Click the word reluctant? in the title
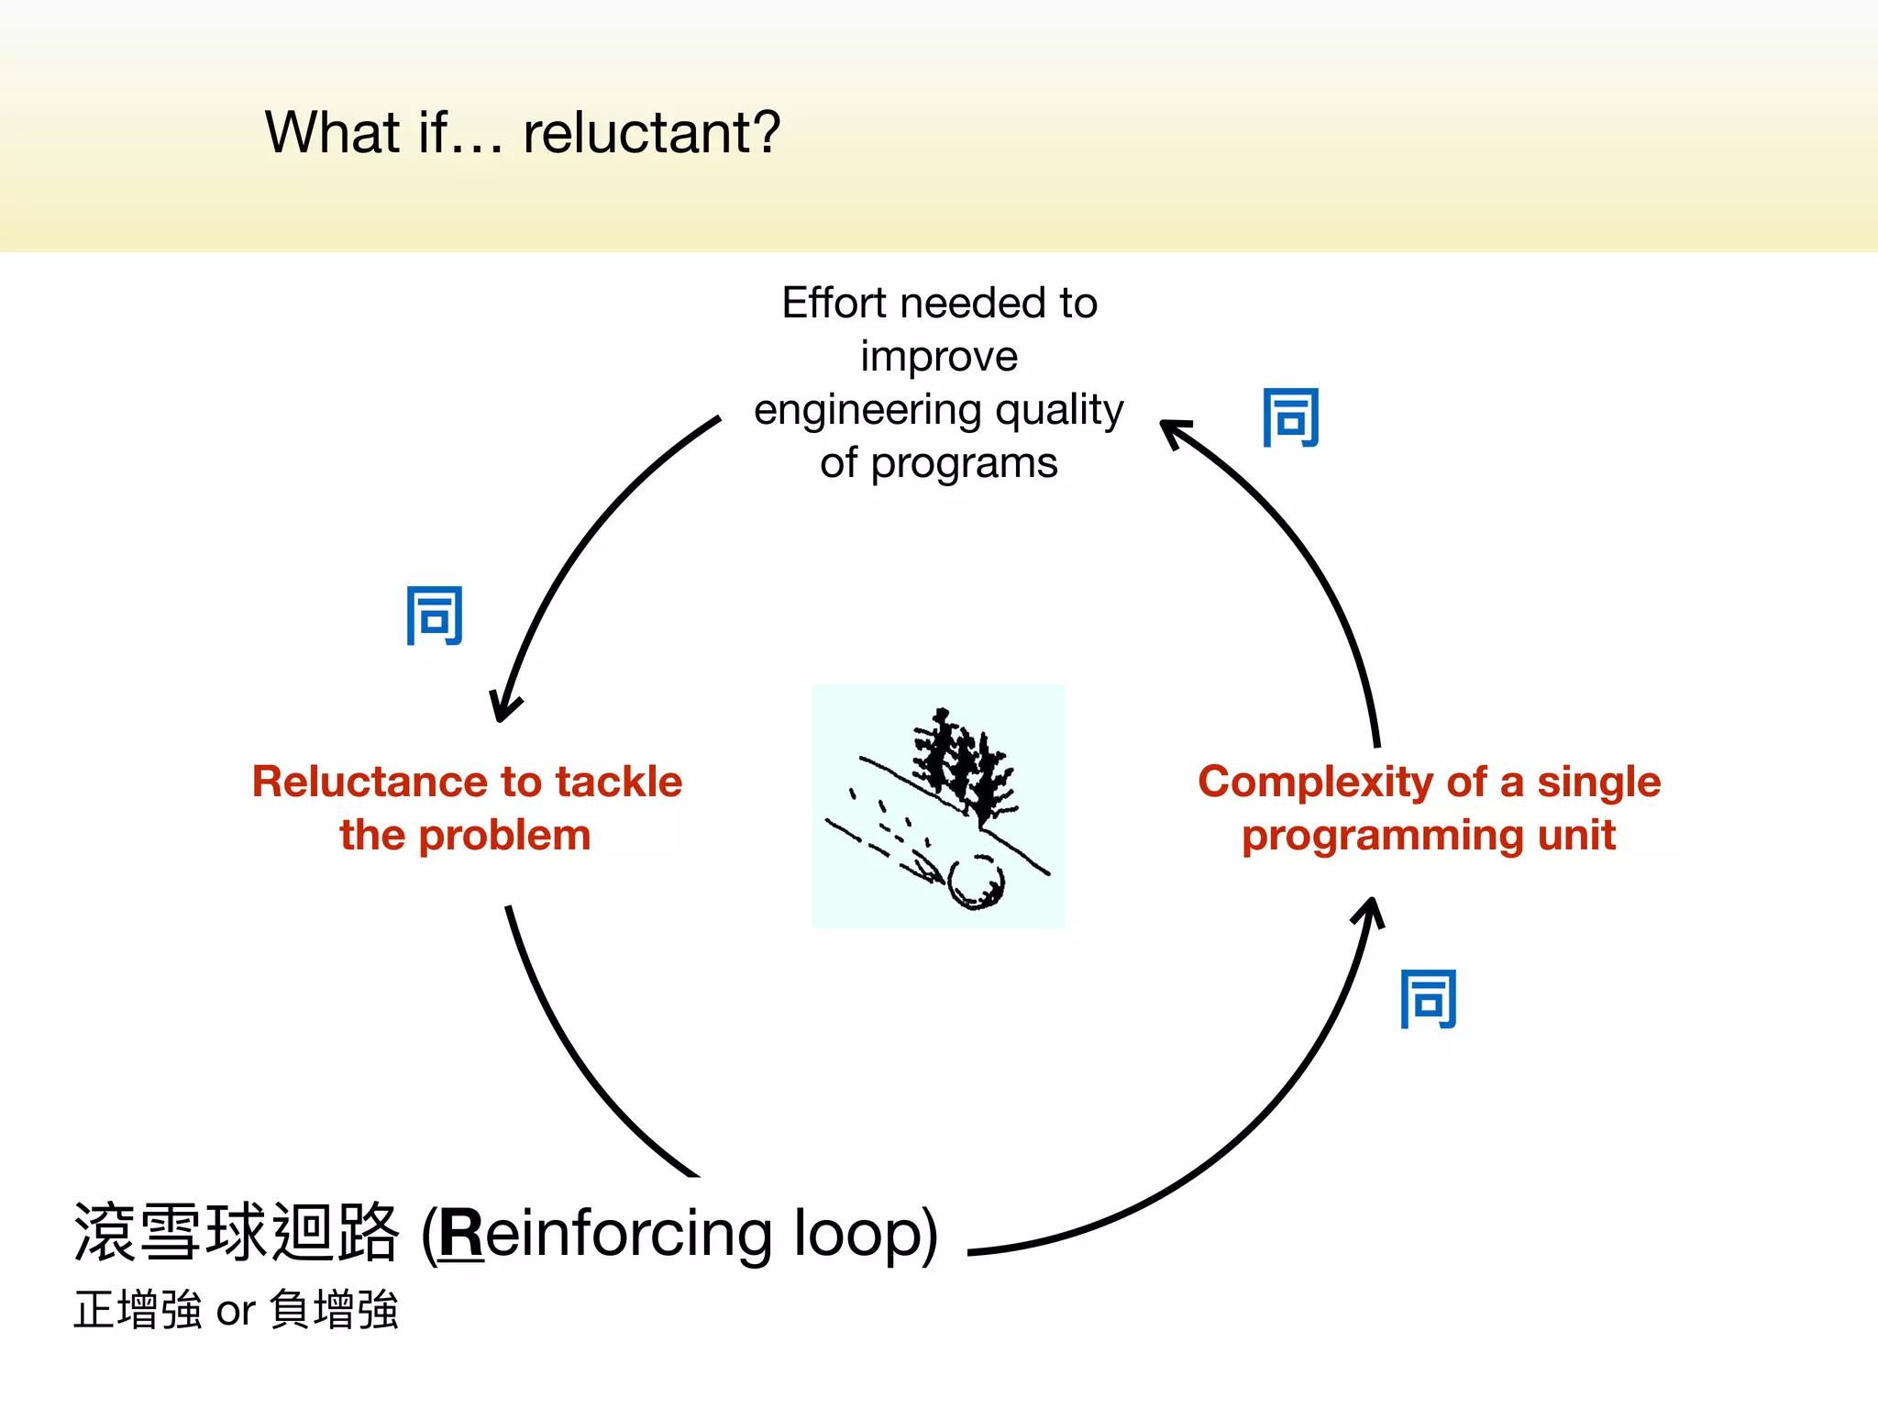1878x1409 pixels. pyautogui.click(x=651, y=133)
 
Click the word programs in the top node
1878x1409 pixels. pyautogui.click(x=964, y=464)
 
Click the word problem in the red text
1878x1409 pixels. pyautogui.click(x=503, y=836)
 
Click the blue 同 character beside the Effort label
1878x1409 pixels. pyautogui.click(x=1290, y=418)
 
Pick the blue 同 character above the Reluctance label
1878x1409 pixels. pyautogui.click(x=435, y=616)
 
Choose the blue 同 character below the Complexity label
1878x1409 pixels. pyautogui.click(x=1428, y=1000)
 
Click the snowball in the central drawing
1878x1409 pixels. pyautogui.click(x=977, y=882)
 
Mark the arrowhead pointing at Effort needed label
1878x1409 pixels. pyautogui.click(x=1174, y=431)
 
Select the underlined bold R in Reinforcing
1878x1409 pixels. pyautogui.click(x=461, y=1234)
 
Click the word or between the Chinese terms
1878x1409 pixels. pyautogui.click(x=235, y=1312)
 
